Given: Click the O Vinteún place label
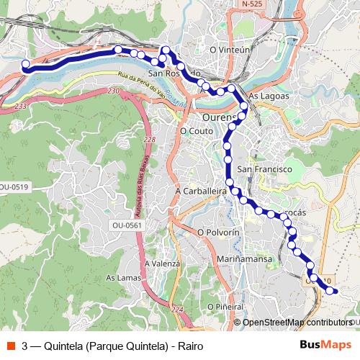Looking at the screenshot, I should (229, 50).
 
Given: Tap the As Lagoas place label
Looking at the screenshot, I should (268, 96).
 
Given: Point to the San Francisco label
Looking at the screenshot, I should (264, 168).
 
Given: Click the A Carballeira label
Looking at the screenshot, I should (201, 192).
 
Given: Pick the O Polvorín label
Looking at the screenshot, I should (217, 233).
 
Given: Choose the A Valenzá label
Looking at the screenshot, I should (162, 264).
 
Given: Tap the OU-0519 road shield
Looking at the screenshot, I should (14, 187).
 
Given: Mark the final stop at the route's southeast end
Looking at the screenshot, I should (332, 291).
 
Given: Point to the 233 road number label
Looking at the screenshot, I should (19, 106).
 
